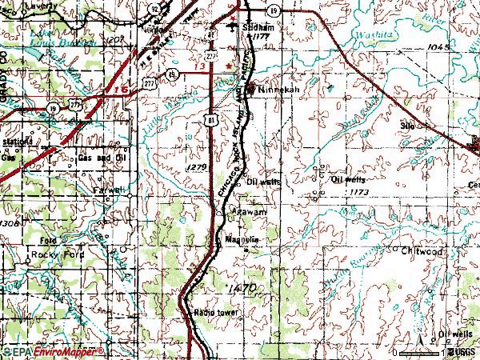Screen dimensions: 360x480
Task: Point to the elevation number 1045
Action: tap(440, 48)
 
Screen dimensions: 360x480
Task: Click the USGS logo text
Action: tap(464, 352)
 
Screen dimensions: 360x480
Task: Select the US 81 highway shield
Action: tap(210, 118)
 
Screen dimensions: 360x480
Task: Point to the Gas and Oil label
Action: tap(100, 158)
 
